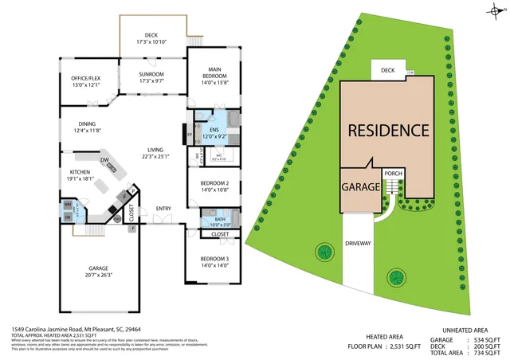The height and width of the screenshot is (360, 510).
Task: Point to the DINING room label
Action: [88, 123]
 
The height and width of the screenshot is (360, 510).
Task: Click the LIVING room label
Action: [155, 149]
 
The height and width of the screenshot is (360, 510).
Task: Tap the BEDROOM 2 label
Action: [215, 183]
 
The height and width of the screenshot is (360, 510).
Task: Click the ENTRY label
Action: [163, 209]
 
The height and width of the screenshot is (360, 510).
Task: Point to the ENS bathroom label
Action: [214, 130]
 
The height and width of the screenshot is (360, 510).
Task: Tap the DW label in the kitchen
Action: [104, 159]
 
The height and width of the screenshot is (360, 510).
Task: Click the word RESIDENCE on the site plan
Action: [388, 130]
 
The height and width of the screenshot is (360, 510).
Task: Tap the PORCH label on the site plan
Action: [393, 174]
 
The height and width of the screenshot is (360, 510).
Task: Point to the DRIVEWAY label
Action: [359, 243]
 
